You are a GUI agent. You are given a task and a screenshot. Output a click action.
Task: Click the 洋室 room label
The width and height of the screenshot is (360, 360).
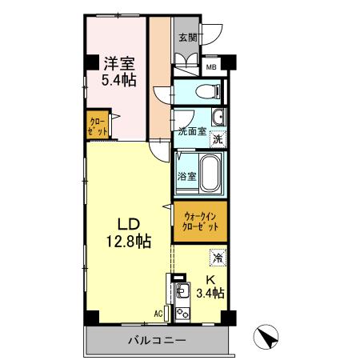(117, 61)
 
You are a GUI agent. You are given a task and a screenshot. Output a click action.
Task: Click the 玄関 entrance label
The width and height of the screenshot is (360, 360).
(186, 37)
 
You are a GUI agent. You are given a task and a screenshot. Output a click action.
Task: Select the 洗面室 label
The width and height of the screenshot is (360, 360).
(192, 131)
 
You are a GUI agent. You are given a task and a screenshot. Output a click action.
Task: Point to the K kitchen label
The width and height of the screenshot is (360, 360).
(210, 280)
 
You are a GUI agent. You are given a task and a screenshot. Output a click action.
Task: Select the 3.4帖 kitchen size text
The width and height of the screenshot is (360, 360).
(210, 294)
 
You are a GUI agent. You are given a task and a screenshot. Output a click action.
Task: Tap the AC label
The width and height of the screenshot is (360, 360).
(158, 314)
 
